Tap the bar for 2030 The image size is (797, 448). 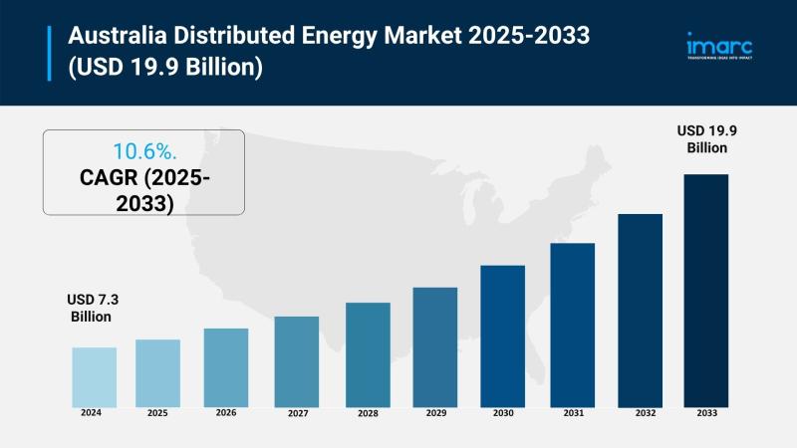tap(502, 336)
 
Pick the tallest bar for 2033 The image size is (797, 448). tap(705, 290)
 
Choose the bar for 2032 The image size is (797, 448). tap(640, 310)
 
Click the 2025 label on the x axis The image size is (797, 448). tap(157, 412)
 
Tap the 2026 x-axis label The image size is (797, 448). tap(225, 412)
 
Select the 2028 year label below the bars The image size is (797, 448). tap(367, 412)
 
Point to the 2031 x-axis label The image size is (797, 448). tap(572, 412)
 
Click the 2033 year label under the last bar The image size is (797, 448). tap(705, 412)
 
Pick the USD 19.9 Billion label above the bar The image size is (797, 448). tap(706, 139)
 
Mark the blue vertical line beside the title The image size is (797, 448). tap(49, 52)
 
